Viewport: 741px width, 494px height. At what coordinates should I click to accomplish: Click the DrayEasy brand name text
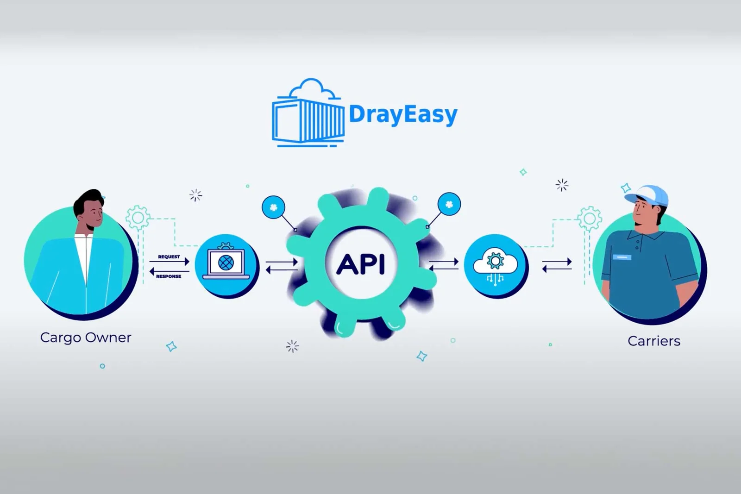402,114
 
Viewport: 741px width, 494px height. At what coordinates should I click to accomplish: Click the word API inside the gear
361,265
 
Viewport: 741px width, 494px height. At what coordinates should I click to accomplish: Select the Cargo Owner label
86,338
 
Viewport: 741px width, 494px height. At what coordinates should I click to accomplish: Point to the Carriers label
653,341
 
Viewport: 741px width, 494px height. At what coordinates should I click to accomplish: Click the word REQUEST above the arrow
169,256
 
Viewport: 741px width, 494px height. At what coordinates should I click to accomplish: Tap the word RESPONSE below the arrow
169,276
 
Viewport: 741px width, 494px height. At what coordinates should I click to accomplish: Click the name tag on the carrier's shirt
622,257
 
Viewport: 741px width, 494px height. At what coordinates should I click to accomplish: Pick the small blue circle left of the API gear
273,207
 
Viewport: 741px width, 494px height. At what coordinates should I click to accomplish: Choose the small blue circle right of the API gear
449,204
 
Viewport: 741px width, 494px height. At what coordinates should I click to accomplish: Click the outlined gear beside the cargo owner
138,217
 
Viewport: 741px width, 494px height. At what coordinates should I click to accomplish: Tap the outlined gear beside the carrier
590,218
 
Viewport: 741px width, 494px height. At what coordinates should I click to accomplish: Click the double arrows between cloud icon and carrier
557,265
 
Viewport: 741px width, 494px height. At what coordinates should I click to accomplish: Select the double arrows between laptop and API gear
281,266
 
